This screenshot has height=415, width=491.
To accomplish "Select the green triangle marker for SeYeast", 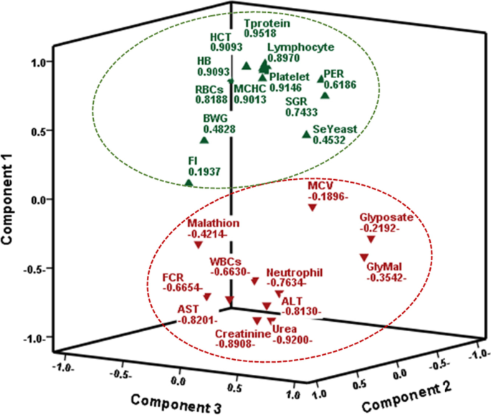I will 307,134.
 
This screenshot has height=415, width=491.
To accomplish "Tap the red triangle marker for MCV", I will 313,207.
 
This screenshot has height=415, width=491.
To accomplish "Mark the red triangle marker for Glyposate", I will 371,239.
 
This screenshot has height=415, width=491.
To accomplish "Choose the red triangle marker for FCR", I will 207,297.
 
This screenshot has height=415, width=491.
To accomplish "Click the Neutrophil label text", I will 295,273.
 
